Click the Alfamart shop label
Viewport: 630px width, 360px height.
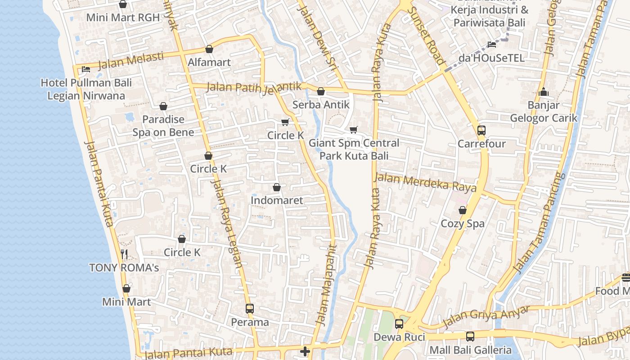coord(209,62)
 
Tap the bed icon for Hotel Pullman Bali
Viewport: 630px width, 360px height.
coord(85,69)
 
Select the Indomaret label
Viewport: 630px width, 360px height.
coord(277,200)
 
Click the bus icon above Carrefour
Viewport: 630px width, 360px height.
coord(481,130)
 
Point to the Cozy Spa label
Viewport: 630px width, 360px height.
coord(463,224)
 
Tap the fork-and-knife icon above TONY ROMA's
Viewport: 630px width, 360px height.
coord(124,254)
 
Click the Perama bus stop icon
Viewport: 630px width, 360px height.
coord(250,309)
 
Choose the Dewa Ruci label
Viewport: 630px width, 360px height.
coord(399,337)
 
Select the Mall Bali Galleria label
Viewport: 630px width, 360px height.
coord(470,350)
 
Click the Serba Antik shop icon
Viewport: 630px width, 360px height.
coord(321,92)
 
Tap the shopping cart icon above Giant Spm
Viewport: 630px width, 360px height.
coord(354,130)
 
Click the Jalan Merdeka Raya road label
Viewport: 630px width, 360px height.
coord(425,182)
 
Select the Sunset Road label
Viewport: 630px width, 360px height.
coord(426,36)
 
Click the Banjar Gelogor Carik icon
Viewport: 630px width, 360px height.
coord(544,92)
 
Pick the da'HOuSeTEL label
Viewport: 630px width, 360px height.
coord(491,58)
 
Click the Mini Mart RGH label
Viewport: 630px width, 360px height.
coord(123,18)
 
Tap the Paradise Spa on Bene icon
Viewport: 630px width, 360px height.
coord(163,106)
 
